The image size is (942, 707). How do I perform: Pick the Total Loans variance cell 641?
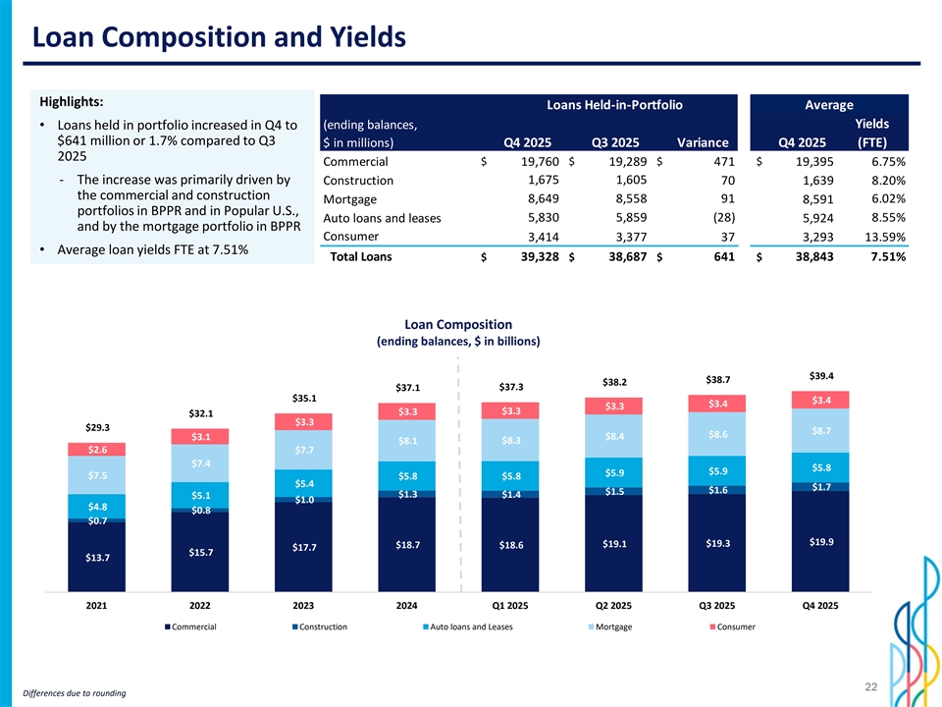[706, 257]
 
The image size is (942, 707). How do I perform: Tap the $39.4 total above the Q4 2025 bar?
[821, 375]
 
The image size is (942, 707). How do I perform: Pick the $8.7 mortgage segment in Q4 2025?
[821, 430]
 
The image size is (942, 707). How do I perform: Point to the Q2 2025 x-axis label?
[614, 606]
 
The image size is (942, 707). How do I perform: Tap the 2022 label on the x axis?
[200, 606]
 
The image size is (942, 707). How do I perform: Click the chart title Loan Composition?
[458, 324]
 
